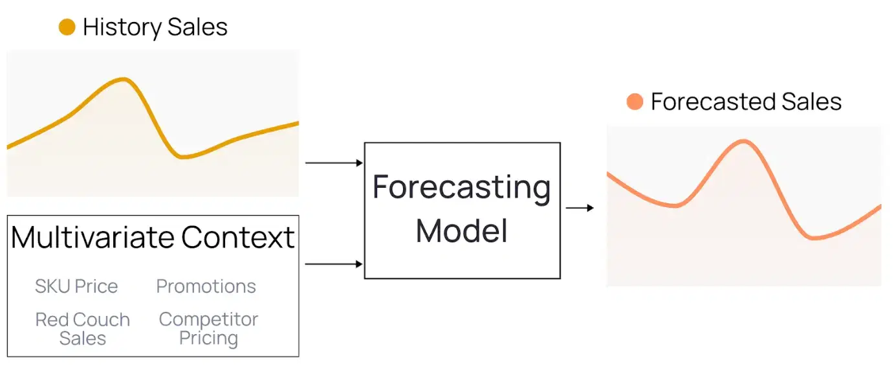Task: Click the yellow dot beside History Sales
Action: [67, 27]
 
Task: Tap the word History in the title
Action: [121, 27]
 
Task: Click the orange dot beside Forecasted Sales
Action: [635, 102]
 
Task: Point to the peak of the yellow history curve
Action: [124, 79]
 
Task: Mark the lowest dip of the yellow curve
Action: [184, 156]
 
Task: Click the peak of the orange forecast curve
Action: [743, 141]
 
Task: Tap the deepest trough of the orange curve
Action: [816, 238]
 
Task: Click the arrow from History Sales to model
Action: [334, 163]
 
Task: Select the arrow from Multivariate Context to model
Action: [334, 264]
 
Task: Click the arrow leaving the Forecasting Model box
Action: [580, 208]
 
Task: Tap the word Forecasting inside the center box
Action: [461, 188]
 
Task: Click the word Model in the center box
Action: [461, 230]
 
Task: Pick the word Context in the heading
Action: [238, 237]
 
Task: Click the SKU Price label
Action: [76, 286]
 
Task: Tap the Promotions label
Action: [206, 286]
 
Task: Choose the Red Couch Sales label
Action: [82, 329]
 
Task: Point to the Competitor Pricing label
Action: [208, 329]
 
